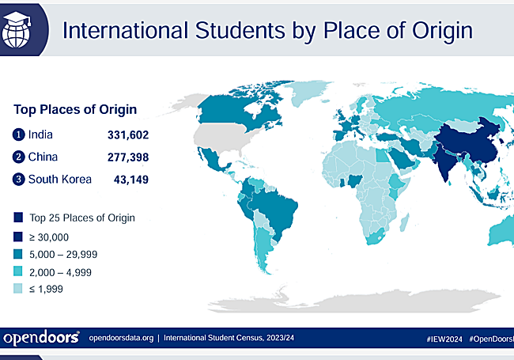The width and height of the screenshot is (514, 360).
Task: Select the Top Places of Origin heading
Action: (x=75, y=109)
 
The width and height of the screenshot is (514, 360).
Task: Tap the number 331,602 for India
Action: (x=128, y=135)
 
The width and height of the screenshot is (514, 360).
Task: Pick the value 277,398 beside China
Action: (x=128, y=157)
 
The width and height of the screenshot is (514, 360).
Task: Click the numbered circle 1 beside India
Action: (x=19, y=135)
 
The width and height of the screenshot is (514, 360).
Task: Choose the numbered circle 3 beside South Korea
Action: (x=19, y=179)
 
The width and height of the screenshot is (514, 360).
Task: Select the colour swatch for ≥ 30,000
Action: (x=17, y=235)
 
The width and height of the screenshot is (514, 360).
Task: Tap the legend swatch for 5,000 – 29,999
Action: (x=17, y=253)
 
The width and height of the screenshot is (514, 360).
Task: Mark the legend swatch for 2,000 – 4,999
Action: (x=17, y=271)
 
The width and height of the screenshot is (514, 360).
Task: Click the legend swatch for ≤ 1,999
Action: (x=17, y=290)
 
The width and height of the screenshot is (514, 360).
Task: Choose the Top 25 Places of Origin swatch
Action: (x=17, y=216)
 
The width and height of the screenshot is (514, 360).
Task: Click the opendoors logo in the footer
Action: (x=41, y=337)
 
